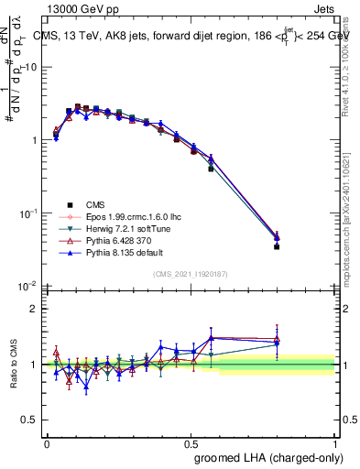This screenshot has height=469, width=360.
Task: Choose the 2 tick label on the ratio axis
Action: (x=34, y=309)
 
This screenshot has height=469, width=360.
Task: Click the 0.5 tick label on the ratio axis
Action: (x=30, y=420)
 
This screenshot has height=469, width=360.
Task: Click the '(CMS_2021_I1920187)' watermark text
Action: (x=191, y=274)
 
